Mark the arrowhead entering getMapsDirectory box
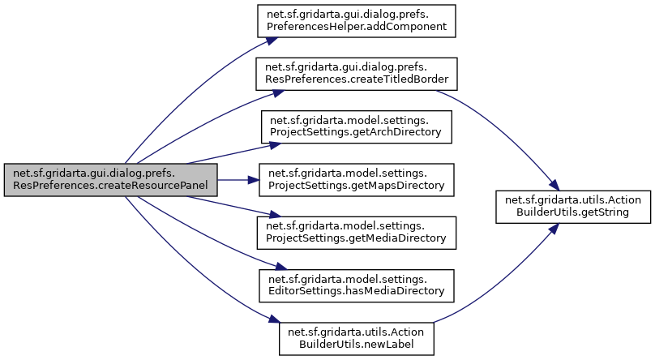(x=253, y=180)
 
